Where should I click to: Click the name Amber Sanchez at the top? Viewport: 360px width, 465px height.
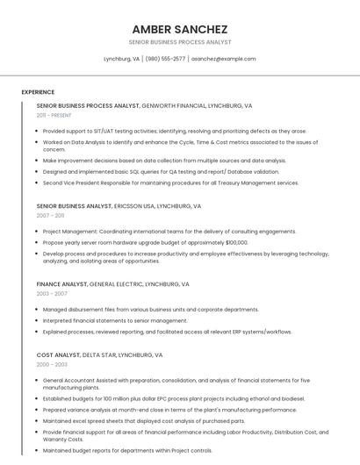pos(179,29)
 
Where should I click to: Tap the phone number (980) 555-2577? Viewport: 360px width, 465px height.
pos(166,59)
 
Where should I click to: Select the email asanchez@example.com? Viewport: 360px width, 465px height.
pos(224,59)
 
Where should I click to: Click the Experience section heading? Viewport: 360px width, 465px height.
pos(38,92)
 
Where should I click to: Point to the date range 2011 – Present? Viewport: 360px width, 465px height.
pos(54,115)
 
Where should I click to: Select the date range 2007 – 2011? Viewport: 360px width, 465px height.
pos(50,215)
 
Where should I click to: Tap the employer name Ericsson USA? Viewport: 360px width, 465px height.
pos(135,206)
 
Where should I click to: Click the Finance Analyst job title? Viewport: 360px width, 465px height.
pos(61,284)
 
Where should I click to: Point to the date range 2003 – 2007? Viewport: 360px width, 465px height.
pos(51,294)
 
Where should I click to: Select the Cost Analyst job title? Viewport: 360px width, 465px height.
pos(56,355)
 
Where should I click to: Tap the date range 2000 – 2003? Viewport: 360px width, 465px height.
pos(52,365)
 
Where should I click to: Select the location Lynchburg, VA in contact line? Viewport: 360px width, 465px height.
pos(122,59)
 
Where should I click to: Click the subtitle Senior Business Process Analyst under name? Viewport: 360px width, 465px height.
pos(179,41)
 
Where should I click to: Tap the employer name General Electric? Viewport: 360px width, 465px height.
pos(119,284)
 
